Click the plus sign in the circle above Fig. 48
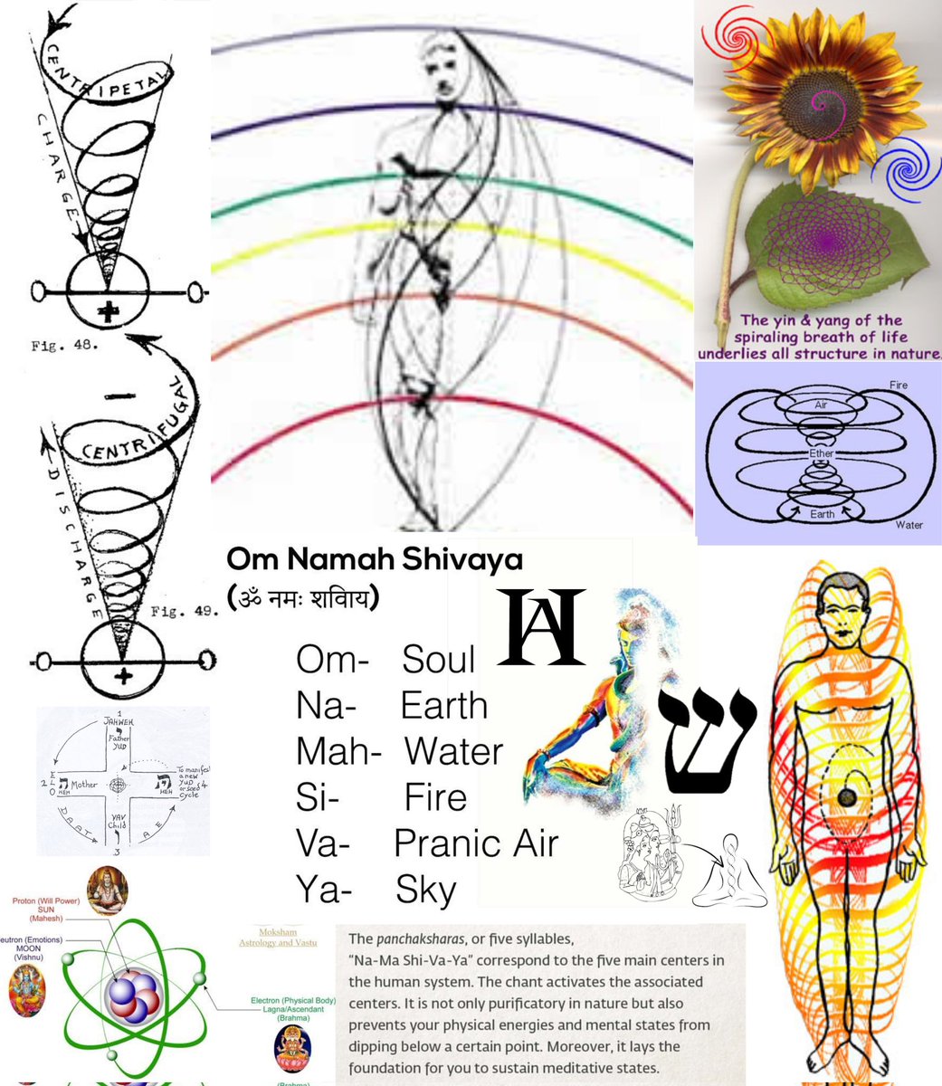click(109, 313)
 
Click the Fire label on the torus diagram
click(898, 386)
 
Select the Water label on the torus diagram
click(909, 524)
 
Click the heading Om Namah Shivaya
click(375, 559)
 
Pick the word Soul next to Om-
click(438, 660)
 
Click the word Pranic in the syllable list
click(438, 843)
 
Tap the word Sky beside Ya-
click(425, 891)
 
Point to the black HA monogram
click(542, 626)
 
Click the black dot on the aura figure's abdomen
click(845, 795)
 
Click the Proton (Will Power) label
click(46, 901)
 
